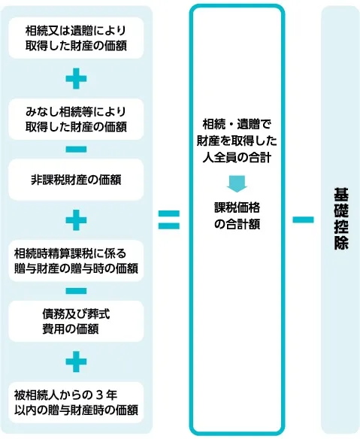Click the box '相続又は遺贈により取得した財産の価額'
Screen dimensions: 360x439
(76, 38)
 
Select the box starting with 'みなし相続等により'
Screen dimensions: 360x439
(76, 120)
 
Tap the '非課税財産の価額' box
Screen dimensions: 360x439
(76, 180)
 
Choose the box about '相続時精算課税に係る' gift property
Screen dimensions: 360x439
(76, 261)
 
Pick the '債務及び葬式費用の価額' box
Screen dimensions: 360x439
(76, 322)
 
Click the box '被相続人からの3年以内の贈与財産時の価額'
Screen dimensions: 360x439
(76, 403)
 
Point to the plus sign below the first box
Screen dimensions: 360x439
(76, 79)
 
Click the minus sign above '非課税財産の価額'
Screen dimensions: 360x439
(76, 150)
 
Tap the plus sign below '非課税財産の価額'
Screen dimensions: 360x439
(76, 220)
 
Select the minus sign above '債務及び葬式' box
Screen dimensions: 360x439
(76, 291)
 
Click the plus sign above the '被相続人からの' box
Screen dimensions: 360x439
(76, 362)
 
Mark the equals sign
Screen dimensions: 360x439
(169, 220)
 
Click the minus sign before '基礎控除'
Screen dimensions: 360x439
(303, 219)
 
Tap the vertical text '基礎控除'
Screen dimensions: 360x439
(341, 219)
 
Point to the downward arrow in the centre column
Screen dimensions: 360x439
(237, 184)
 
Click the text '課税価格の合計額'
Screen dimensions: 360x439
(237, 216)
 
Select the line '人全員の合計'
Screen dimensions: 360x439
(237, 158)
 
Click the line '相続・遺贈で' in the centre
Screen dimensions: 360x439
(237, 124)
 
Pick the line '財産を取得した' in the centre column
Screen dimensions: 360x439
(237, 141)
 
